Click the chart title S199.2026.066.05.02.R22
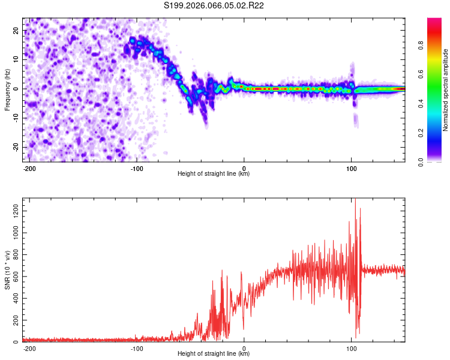[x=214, y=6]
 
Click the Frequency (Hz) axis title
[x=8, y=89]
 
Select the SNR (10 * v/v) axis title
[x=8, y=269]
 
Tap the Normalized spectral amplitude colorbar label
[x=446, y=90]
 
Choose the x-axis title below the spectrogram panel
[x=214, y=174]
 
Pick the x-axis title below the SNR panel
[x=214, y=354]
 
